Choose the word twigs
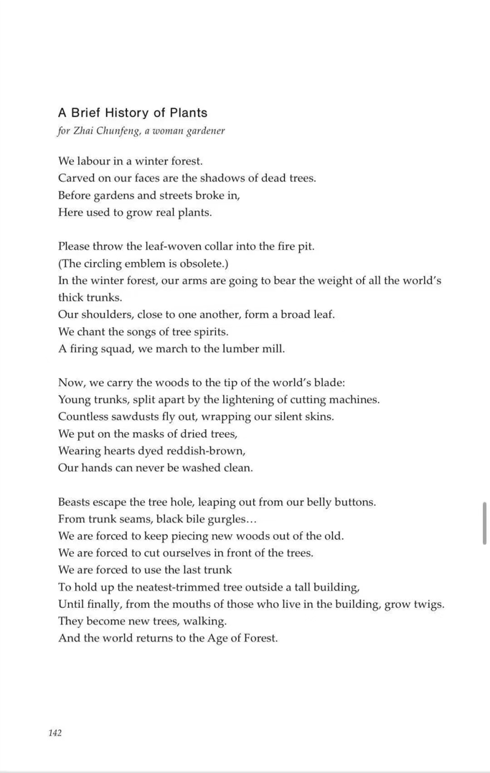[x=429, y=604]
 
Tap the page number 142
[x=55, y=733]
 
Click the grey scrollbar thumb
[x=485, y=523]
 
